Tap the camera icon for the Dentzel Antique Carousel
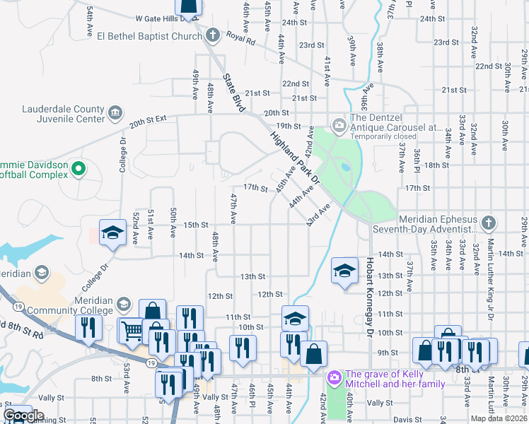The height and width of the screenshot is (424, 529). (339, 124)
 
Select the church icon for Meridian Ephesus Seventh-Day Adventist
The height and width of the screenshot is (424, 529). (487, 224)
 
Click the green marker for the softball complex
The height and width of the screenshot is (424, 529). (79, 170)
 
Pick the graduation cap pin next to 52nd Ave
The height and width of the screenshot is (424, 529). (112, 233)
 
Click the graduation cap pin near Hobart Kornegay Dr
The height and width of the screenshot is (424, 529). (344, 270)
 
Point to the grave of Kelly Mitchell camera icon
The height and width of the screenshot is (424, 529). (333, 379)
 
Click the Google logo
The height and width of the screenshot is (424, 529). (24, 416)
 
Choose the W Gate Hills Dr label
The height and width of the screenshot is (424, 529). (161, 18)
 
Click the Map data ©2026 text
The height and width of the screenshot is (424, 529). (498, 418)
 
